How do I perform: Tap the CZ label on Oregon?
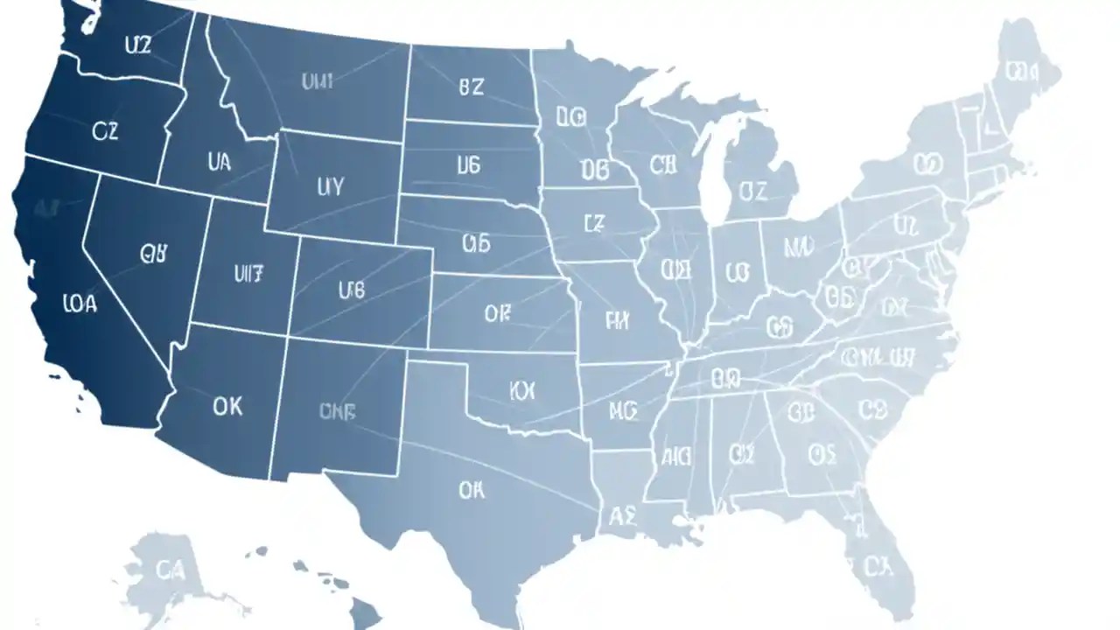pyautogui.click(x=104, y=131)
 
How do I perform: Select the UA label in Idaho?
pyautogui.click(x=220, y=162)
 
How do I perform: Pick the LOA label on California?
pyautogui.click(x=80, y=304)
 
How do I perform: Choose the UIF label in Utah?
pyautogui.click(x=248, y=273)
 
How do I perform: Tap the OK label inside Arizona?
pyautogui.click(x=227, y=406)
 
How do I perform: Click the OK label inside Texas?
pyautogui.click(x=471, y=491)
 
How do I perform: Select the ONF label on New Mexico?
pyautogui.click(x=337, y=412)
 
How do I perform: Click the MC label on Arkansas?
pyautogui.click(x=622, y=409)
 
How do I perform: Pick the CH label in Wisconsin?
pyautogui.click(x=663, y=164)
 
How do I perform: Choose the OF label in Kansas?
pyautogui.click(x=496, y=311)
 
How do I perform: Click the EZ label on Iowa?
pyautogui.click(x=593, y=224)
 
